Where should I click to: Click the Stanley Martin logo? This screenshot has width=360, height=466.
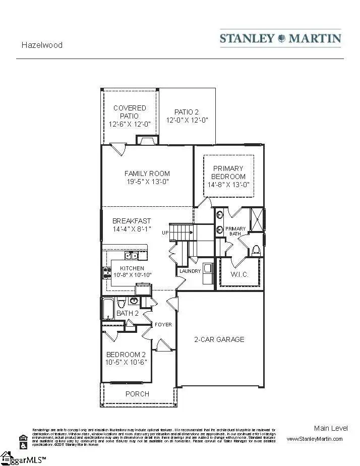(280, 38)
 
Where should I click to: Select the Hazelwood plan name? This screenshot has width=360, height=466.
(42, 45)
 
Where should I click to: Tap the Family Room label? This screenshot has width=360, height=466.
(147, 173)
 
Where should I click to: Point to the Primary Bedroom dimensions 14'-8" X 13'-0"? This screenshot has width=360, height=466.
(228, 185)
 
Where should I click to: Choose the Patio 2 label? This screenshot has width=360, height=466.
(187, 112)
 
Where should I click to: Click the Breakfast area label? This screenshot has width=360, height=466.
(132, 221)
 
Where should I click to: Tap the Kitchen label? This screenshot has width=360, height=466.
(132, 268)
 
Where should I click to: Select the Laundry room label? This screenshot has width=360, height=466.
(190, 271)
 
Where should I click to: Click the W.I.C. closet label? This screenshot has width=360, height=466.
(239, 275)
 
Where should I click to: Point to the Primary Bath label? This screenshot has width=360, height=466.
(235, 231)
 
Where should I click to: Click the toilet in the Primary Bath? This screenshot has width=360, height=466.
(256, 249)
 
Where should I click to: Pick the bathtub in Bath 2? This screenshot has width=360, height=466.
(108, 308)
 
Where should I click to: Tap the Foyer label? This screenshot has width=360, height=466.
(163, 324)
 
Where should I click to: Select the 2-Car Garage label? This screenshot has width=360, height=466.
(219, 339)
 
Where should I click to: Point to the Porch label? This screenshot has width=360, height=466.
(137, 393)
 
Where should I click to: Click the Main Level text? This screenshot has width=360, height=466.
(330, 428)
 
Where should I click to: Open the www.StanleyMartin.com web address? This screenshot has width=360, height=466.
(315, 439)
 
